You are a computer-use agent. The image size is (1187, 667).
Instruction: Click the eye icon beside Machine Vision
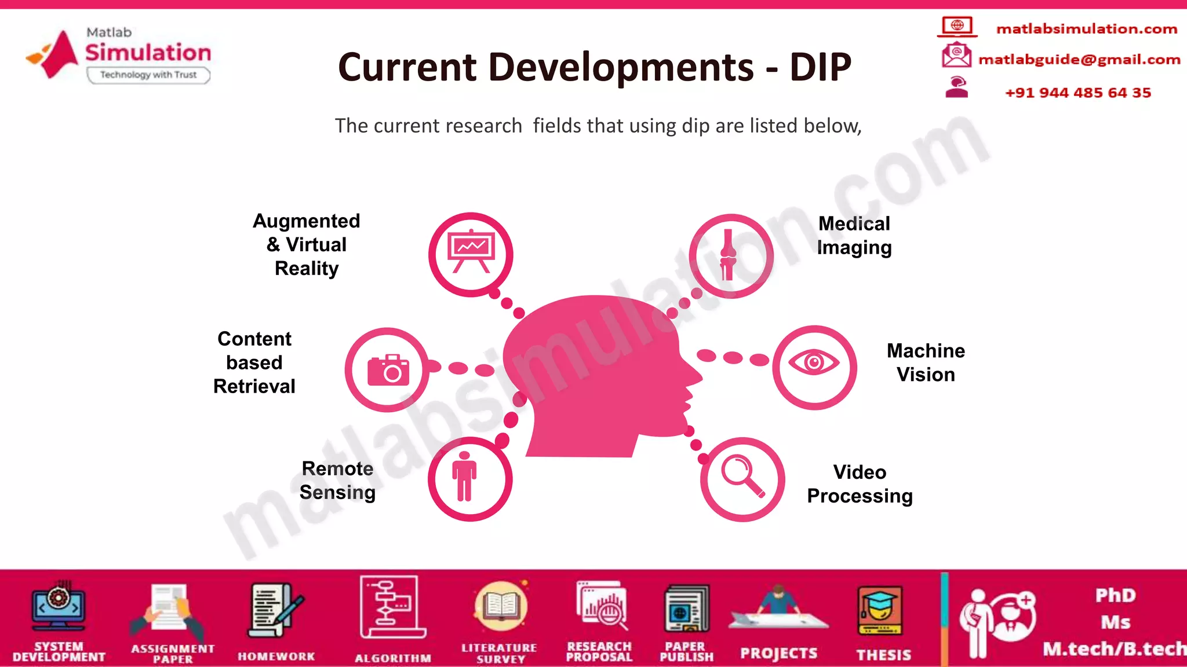pyautogui.click(x=814, y=363)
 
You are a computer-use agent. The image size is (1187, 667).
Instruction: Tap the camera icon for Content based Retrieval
pyautogui.click(x=388, y=370)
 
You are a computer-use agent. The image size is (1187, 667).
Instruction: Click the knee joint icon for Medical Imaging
pyautogui.click(x=729, y=255)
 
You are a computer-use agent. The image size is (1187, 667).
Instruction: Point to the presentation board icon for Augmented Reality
pyautogui.click(x=471, y=251)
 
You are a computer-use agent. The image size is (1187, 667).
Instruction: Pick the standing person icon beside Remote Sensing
pyautogui.click(x=464, y=477)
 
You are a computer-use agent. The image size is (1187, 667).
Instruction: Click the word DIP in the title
pyautogui.click(x=820, y=67)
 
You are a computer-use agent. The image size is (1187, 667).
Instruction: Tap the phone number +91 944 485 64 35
pyautogui.click(x=1077, y=93)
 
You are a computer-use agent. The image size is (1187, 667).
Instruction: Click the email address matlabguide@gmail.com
pyautogui.click(x=1079, y=60)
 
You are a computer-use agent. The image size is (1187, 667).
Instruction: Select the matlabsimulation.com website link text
pyautogui.click(x=1086, y=29)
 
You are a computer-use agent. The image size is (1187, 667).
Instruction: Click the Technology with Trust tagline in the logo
pyautogui.click(x=148, y=75)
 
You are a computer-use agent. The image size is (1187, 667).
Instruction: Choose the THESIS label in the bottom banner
pyautogui.click(x=883, y=655)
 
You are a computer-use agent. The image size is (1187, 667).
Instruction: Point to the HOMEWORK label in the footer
pyautogui.click(x=276, y=657)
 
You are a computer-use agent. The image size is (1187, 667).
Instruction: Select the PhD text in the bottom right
pyautogui.click(x=1115, y=595)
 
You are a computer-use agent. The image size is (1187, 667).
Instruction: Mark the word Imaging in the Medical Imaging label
pyautogui.click(x=854, y=248)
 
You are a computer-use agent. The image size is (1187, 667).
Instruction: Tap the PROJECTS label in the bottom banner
pyautogui.click(x=778, y=654)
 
